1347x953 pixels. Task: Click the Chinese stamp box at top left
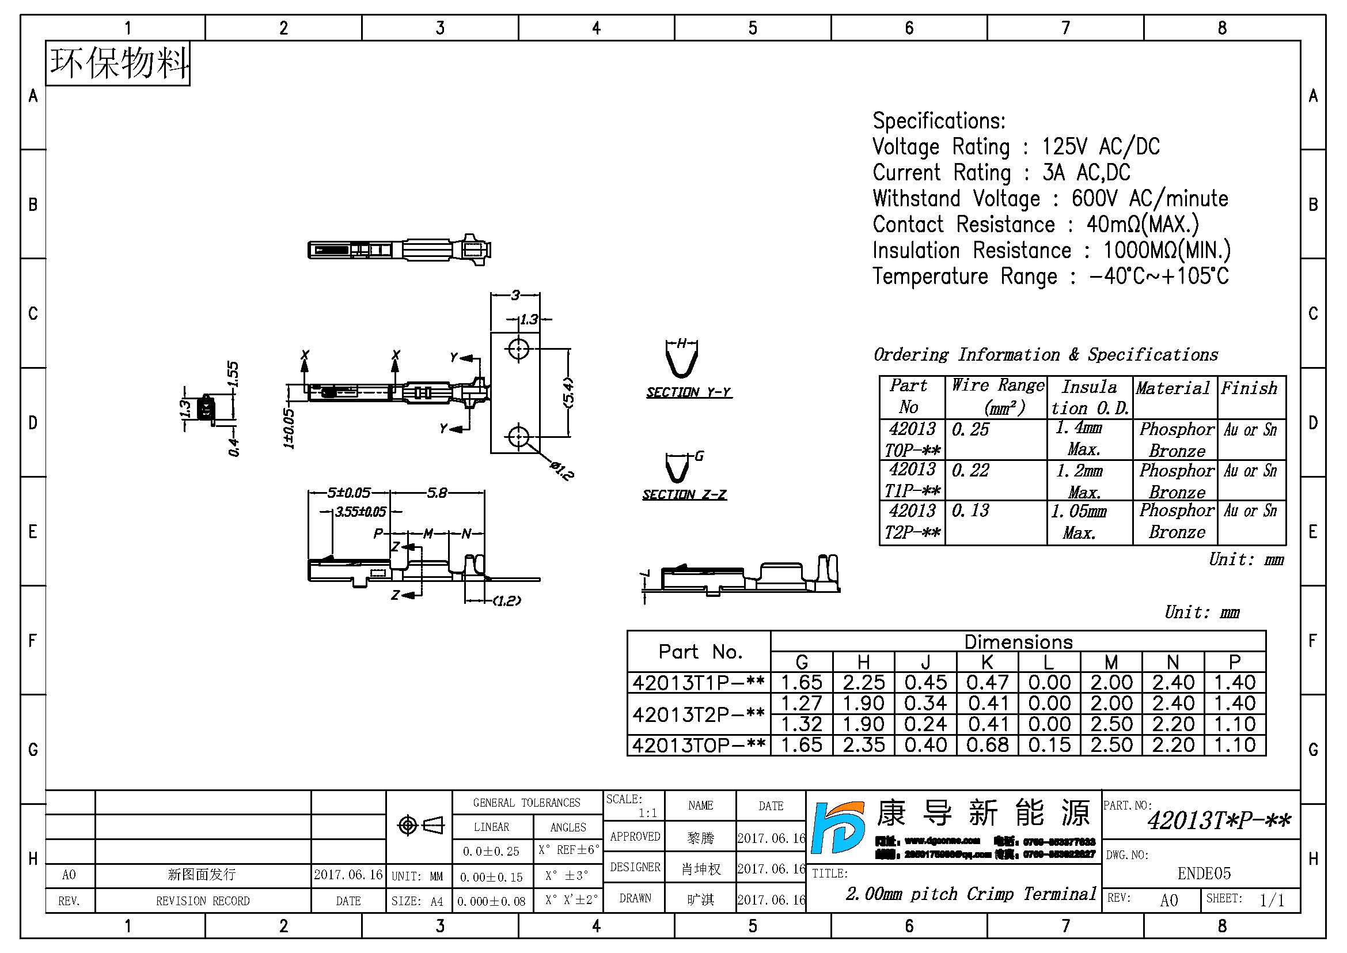coord(118,63)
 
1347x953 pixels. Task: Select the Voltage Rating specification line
coord(1015,147)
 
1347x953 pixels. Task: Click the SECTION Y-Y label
coord(689,392)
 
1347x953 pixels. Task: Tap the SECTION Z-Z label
coord(684,495)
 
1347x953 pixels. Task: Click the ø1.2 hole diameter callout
coord(562,471)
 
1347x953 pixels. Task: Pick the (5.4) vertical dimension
coord(568,392)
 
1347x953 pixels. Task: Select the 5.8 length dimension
coord(437,493)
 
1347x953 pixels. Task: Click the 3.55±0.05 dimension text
coord(360,512)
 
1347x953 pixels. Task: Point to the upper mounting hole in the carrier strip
coord(518,350)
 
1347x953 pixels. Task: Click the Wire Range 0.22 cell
coord(970,471)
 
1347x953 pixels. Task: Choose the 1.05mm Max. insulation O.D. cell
coord(1079,521)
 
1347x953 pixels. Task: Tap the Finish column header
coord(1249,388)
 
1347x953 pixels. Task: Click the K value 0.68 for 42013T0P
coord(988,745)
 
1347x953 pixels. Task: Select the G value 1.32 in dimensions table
coord(802,724)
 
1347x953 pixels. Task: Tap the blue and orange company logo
coord(838,827)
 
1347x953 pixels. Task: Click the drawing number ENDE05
coord(1204,874)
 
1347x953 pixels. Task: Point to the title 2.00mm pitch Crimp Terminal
coord(970,894)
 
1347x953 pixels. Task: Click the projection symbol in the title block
coord(420,826)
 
